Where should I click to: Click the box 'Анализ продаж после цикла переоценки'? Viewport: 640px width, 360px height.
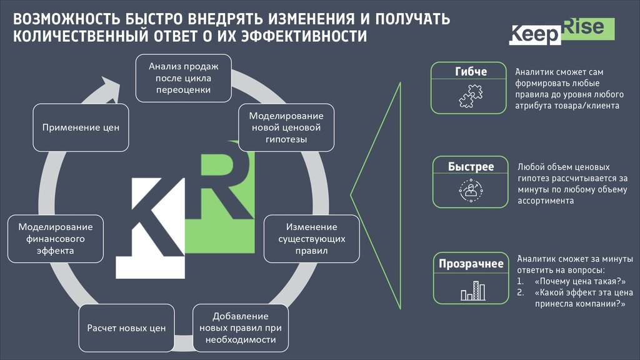coord(183,77)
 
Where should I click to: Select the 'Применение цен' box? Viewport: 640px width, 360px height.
coord(81,127)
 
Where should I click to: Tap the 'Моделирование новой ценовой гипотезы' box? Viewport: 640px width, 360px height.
coord(286,128)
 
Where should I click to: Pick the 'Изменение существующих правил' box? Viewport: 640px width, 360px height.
coord(311,238)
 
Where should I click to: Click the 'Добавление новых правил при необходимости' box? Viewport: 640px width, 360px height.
coord(241,327)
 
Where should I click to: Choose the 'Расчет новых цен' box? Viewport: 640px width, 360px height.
coord(126,328)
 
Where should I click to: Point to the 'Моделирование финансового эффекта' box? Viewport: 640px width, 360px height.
coord(55,238)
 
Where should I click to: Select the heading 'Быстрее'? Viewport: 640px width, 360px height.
coord(471,167)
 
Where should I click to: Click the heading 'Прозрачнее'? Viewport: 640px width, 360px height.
coord(471,264)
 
